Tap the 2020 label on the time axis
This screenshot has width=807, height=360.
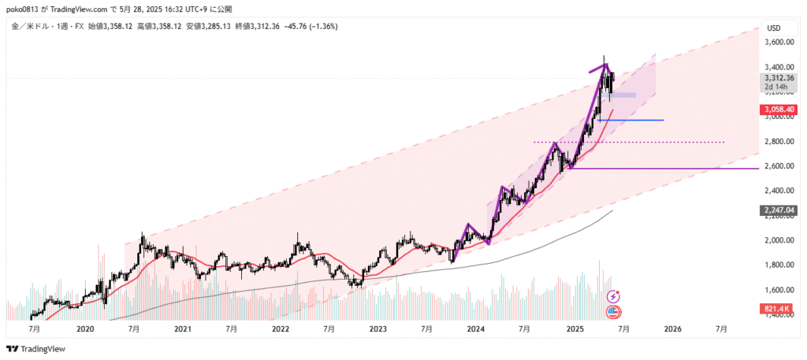[x=85, y=328]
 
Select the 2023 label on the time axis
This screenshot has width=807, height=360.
[x=377, y=328]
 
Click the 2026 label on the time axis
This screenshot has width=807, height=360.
[x=671, y=328]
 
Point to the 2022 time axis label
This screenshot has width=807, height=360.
[x=280, y=328]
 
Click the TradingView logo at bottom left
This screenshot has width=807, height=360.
[x=36, y=348]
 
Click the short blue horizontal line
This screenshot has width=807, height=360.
[x=631, y=120]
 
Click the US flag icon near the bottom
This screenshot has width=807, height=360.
[x=613, y=312]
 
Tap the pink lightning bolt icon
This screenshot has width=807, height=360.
[x=613, y=296]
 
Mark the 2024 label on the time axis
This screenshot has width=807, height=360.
[x=474, y=328]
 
